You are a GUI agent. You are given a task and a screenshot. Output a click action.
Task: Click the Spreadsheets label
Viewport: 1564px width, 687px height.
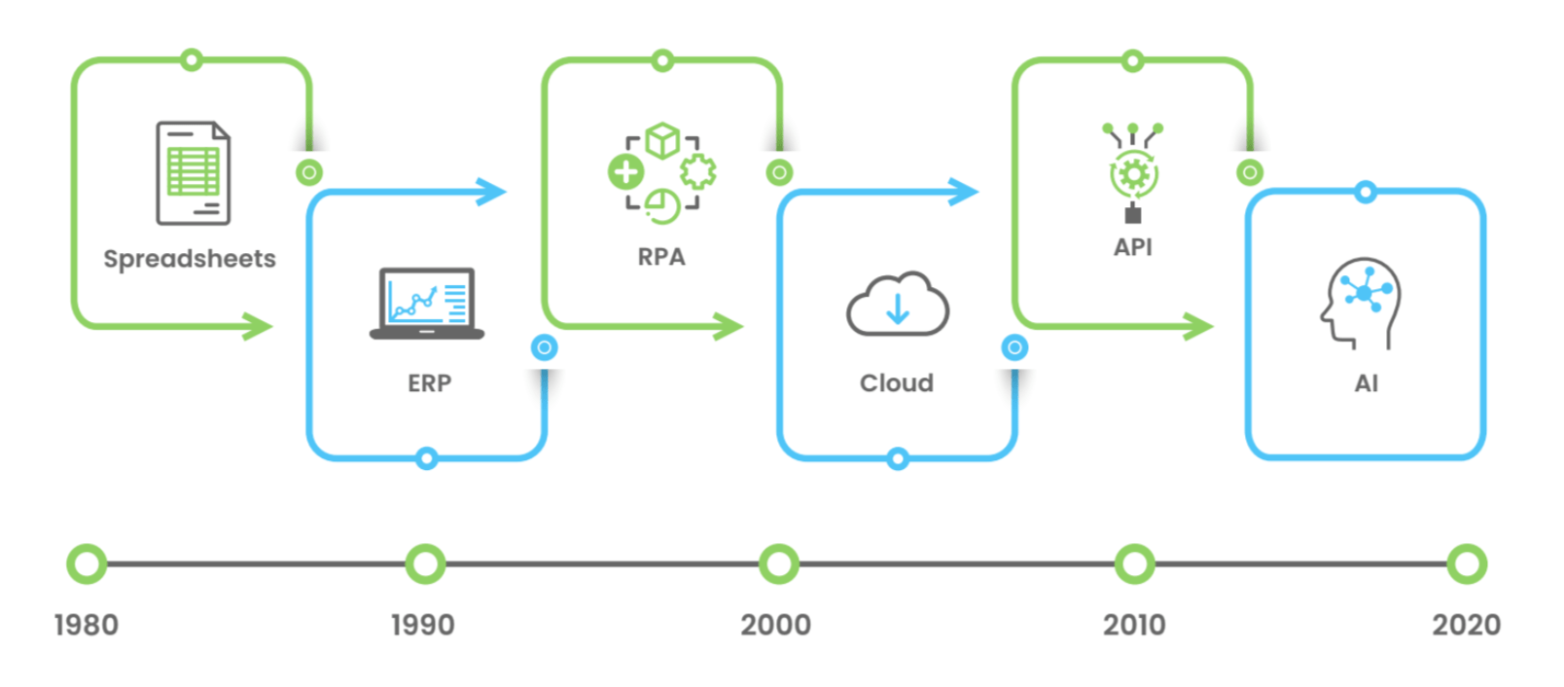(190, 259)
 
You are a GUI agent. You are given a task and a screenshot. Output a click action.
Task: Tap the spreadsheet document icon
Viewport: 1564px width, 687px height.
(193, 173)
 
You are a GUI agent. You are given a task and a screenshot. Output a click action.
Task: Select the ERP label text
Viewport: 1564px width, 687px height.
(429, 383)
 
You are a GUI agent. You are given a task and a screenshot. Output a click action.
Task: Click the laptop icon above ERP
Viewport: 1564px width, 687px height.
(427, 304)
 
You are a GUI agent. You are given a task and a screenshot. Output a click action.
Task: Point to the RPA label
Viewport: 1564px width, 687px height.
(661, 257)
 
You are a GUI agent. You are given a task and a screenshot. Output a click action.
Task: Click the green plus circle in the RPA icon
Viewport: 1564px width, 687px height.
(625, 173)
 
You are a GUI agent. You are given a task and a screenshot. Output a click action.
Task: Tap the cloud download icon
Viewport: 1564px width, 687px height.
(897, 305)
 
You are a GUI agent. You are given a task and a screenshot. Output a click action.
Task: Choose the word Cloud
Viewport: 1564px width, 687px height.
(896, 383)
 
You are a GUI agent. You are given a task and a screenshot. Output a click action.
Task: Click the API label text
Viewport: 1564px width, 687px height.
(1133, 247)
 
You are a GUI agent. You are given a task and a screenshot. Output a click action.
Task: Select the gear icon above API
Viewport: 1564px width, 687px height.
(1133, 176)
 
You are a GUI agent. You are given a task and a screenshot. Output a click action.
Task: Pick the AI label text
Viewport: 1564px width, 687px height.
(1366, 383)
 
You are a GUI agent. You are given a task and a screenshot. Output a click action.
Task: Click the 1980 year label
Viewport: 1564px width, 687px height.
(87, 625)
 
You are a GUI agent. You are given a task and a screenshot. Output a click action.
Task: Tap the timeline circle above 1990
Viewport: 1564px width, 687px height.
(425, 564)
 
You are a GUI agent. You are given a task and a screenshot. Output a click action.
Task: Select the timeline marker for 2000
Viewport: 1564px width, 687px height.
(778, 564)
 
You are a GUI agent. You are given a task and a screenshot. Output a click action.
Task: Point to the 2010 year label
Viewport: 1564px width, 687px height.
(1134, 625)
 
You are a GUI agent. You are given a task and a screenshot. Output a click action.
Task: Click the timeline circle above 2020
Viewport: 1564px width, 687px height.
(1466, 564)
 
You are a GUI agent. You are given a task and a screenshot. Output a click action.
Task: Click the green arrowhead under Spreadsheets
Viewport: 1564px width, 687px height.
(259, 326)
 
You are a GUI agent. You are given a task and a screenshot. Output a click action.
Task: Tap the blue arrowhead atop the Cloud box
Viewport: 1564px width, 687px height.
(963, 192)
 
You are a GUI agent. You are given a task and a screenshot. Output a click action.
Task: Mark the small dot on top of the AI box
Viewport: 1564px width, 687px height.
(1366, 193)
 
